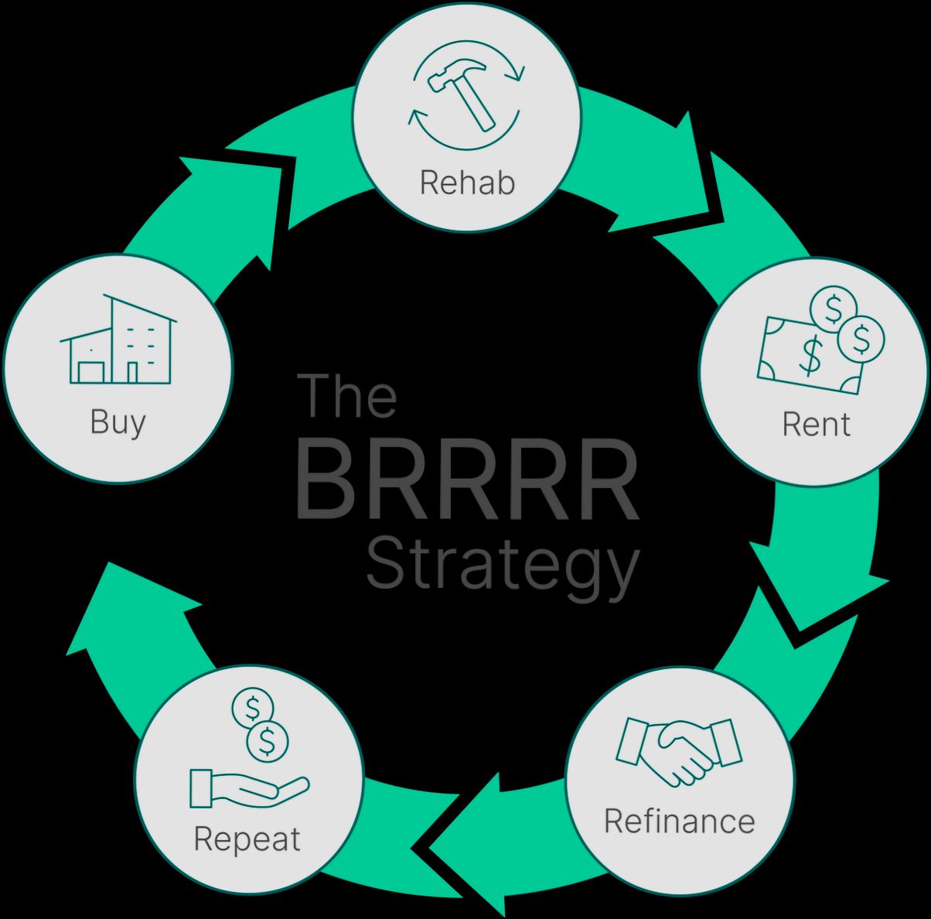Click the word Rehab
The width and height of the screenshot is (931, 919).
[x=466, y=183]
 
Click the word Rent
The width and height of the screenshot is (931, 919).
[x=815, y=424]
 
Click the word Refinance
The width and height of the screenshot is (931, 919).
[x=679, y=821]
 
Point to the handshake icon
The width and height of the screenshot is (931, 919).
[x=678, y=751]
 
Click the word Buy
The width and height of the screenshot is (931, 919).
[x=118, y=422]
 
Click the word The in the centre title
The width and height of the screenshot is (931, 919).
[x=347, y=395]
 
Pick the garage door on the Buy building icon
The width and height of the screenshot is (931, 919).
[x=90, y=373]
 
